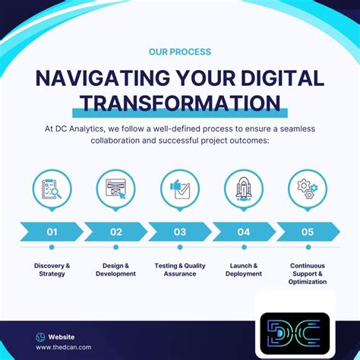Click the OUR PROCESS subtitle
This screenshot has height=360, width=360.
pyautogui.click(x=180, y=52)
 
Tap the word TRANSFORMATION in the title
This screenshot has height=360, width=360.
pyautogui.click(x=180, y=103)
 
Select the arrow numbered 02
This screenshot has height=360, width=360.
pyautogui.click(x=115, y=232)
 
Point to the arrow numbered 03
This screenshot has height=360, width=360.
pyautogui.click(x=180, y=232)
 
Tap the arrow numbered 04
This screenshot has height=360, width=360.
pyautogui.click(x=244, y=232)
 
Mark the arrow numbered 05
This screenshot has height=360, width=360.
pyautogui.click(x=308, y=232)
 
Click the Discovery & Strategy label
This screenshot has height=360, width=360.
pyautogui.click(x=52, y=270)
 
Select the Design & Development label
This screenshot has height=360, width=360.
pyautogui.click(x=115, y=270)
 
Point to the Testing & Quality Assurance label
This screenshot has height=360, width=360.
pyautogui.click(x=180, y=270)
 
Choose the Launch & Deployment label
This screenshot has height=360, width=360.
pyautogui.click(x=244, y=270)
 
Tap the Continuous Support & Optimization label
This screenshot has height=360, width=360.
pyautogui.click(x=308, y=273)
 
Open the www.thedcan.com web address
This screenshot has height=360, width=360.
pyautogui.click(x=63, y=347)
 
